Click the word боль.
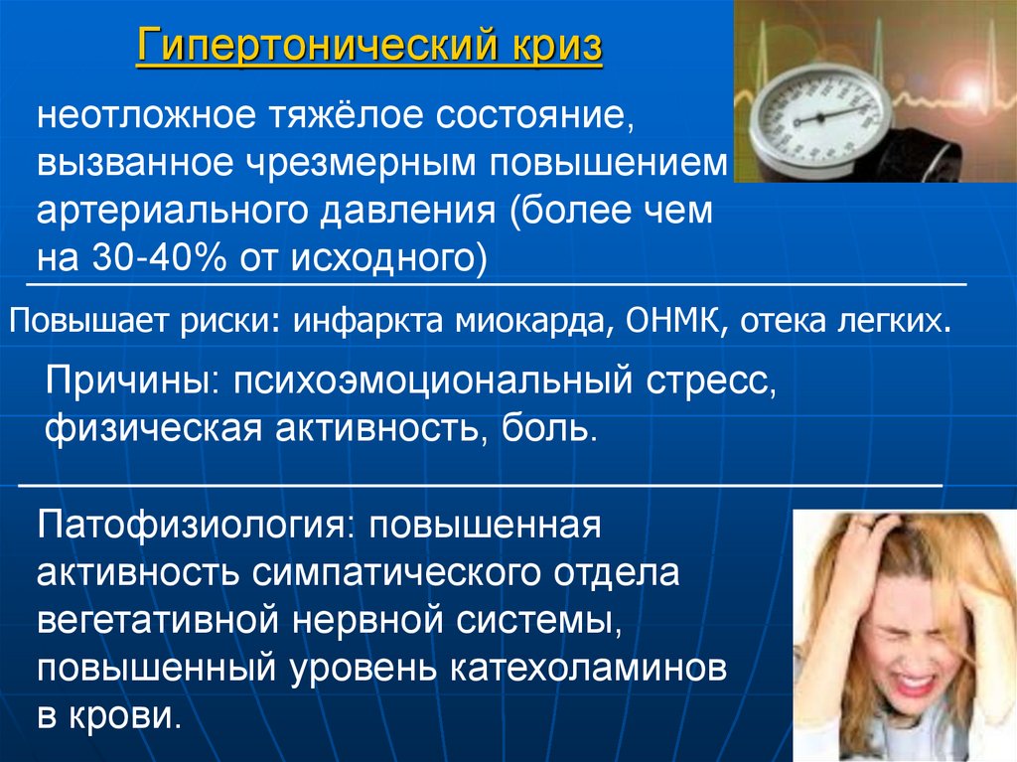tap(552, 430)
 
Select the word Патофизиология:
tap(194, 525)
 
